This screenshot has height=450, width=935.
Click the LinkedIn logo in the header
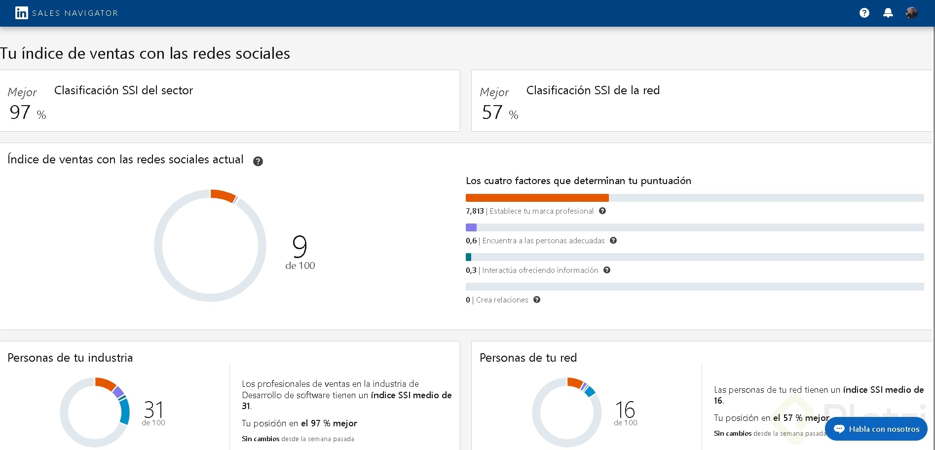point(21,13)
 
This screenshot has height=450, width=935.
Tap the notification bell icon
point(888,13)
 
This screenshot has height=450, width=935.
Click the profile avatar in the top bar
point(911,13)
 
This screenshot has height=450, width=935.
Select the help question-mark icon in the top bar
point(864,13)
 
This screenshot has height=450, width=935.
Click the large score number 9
point(299,246)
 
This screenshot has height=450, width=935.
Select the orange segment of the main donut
point(223,195)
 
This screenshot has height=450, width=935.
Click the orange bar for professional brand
point(537,198)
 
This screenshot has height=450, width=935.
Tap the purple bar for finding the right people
point(471,227)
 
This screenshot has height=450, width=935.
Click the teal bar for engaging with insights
point(468,257)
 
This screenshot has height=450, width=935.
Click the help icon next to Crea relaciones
point(537,300)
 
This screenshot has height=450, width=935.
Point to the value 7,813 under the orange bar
point(475,211)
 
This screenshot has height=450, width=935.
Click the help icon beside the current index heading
point(258,161)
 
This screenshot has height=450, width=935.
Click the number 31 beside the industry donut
point(153,410)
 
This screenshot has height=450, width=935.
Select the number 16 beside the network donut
point(625,410)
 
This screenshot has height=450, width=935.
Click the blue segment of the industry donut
point(125,411)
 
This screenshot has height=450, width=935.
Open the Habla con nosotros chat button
point(876,429)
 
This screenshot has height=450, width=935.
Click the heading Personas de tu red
point(528,358)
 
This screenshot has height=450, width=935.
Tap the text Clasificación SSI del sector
point(123,90)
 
